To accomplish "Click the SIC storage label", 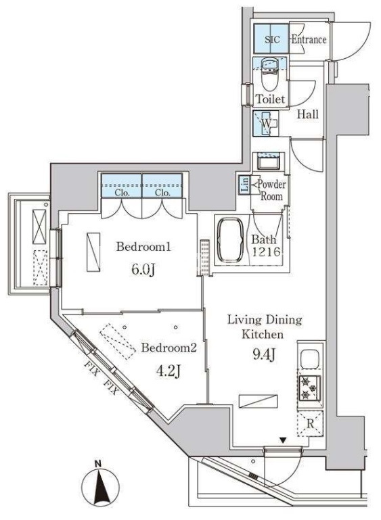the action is tap(272, 39).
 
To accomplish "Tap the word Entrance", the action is tap(309, 39).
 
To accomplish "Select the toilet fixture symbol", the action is tap(269, 75).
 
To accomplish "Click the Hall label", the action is tap(308, 114).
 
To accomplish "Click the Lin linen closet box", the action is tap(244, 184).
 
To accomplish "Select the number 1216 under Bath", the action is tap(266, 252).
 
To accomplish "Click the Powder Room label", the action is tap(271, 190).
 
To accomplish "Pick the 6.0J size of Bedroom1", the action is tap(143, 270).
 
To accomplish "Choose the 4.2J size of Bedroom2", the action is tap(168, 371).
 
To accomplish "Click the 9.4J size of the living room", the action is tap(264, 354).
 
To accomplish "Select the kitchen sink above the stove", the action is tap(310, 359).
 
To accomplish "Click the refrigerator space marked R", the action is tap(310, 423).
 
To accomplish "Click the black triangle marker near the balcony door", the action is tap(283, 441).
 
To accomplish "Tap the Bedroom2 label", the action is tap(169, 348).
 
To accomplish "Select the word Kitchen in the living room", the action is tap(263, 334).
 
